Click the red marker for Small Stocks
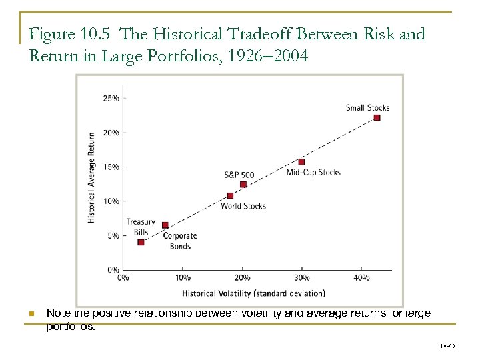tap(377, 117)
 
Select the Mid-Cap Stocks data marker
tap(301, 162)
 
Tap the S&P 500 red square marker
tap(243, 184)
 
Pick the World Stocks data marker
tap(231, 195)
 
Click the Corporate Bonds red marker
tap(165, 225)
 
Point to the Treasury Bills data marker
tap(141, 242)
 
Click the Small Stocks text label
tap(367, 107)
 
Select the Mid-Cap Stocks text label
tap(313, 172)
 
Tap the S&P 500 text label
tap(239, 175)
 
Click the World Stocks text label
tap(243, 206)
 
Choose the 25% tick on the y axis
tap(111, 98)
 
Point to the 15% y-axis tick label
tap(111, 167)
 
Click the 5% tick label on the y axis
tap(113, 235)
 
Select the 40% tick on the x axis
tap(361, 277)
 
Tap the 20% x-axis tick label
tap(242, 277)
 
